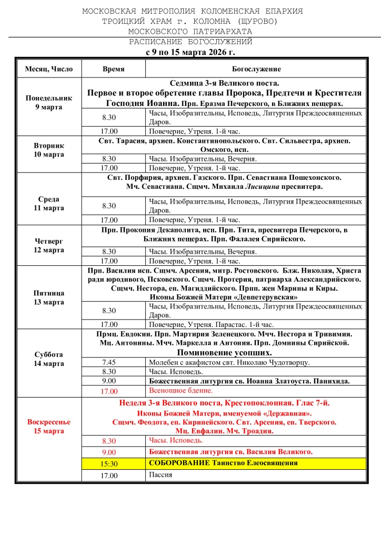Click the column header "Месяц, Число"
point(49,69)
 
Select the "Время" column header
point(114,69)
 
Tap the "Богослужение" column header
point(256,69)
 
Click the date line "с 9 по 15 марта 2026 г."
point(190,52)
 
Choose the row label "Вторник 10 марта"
point(49,150)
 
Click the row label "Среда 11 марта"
point(49,204)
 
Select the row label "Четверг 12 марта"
point(49,245)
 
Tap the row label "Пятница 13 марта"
point(49,297)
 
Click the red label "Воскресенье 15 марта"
point(49,426)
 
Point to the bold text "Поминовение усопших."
point(224,352)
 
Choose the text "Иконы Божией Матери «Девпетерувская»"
point(224,297)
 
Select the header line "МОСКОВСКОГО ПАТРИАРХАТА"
point(190,31)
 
